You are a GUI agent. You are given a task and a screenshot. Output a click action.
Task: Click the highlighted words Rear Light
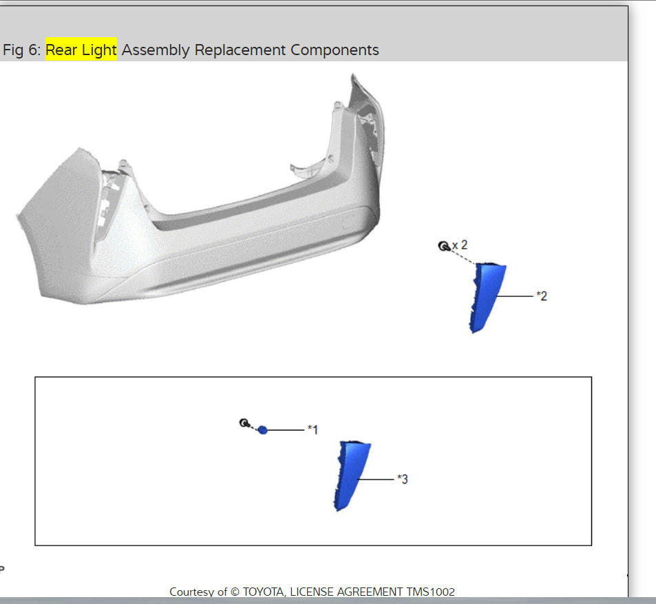[x=81, y=50]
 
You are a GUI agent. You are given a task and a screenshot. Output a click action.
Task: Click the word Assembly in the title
[x=156, y=50]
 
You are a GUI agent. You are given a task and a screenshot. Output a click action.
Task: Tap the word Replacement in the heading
[x=240, y=50]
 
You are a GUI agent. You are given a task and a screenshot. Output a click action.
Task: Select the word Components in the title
[x=335, y=50]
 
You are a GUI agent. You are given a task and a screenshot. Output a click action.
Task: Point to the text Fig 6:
[x=21, y=50]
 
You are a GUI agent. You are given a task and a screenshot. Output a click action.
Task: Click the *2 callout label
[x=542, y=296]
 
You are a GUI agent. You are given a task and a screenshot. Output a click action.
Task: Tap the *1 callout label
[x=313, y=430]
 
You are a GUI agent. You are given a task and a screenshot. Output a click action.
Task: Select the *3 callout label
[x=403, y=479]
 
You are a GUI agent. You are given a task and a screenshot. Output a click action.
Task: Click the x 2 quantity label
[x=460, y=245]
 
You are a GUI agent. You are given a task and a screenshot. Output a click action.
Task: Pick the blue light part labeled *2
[x=486, y=295]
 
